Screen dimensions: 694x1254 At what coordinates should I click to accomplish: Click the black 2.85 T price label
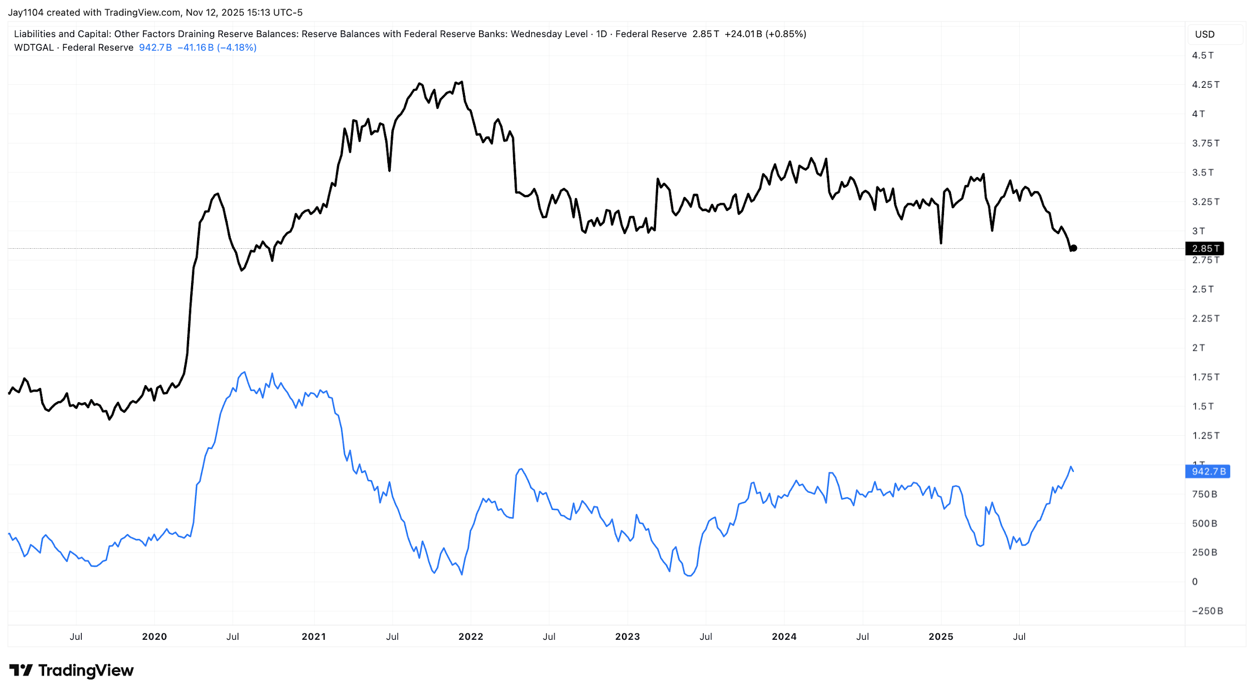[x=1204, y=249]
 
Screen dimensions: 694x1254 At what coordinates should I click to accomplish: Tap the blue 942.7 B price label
[x=1208, y=472]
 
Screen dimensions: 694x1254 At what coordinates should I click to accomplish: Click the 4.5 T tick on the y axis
[x=1202, y=56]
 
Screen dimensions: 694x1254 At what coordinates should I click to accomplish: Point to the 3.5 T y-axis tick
[x=1202, y=173]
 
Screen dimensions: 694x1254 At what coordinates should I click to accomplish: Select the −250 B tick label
[x=1207, y=611]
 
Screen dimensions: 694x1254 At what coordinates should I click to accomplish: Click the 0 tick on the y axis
[x=1195, y=582]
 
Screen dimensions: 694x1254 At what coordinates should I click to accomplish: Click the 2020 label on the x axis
[x=154, y=637]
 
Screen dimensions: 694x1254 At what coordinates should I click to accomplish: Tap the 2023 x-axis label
[x=627, y=637]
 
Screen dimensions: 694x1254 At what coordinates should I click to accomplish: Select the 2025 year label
[x=941, y=637]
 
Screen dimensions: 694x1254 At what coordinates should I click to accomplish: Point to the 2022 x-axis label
[x=471, y=637]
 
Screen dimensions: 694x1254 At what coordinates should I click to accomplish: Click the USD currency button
[x=1204, y=35]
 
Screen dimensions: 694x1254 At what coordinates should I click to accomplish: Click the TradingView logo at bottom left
[x=72, y=671]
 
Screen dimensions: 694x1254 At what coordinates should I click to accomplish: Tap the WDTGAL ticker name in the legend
[x=34, y=48]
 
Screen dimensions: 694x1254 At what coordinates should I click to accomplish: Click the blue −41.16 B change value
[x=196, y=48]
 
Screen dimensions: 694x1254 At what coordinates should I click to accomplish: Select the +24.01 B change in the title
[x=743, y=34]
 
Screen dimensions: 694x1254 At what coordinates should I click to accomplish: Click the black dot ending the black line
[x=1073, y=248]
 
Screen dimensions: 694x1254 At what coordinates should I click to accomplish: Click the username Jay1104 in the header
[x=26, y=13]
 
